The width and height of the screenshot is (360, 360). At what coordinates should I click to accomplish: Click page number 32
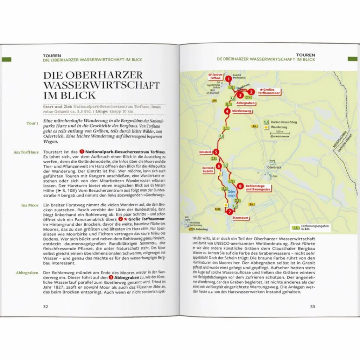click(46, 307)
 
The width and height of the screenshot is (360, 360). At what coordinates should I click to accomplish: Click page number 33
click(313, 307)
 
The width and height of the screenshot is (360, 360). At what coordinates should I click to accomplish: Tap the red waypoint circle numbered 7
click(230, 212)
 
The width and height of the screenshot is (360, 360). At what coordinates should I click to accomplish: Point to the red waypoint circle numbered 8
click(240, 186)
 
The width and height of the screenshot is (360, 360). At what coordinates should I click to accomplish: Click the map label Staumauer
click(240, 218)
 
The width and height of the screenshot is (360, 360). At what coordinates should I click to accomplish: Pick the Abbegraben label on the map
click(245, 103)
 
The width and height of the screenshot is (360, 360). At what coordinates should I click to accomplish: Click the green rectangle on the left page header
click(7, 59)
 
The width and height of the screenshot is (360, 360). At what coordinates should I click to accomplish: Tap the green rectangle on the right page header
click(352, 59)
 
